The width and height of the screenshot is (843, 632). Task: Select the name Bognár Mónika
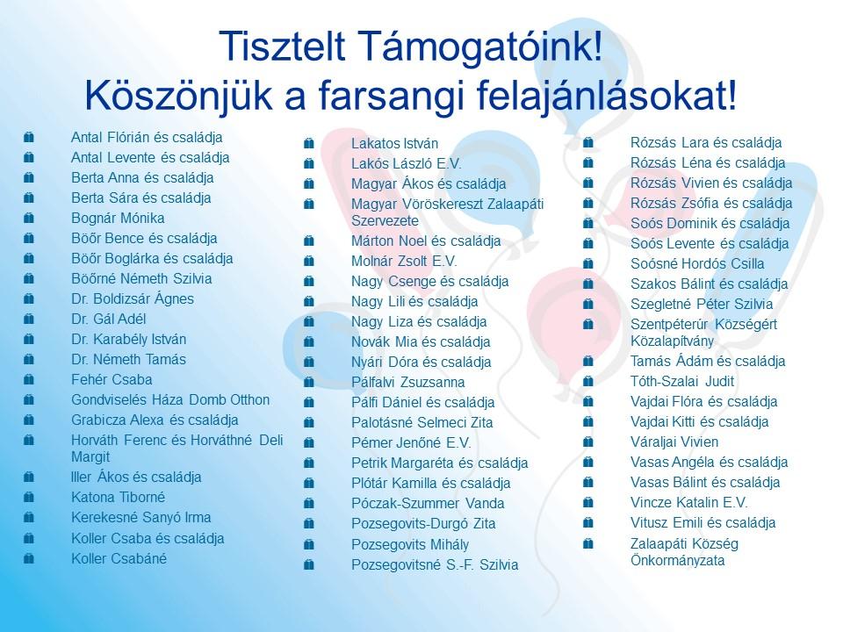[x=118, y=219]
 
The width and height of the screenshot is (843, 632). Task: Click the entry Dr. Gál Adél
[x=109, y=320]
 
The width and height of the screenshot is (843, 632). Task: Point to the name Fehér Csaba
[x=112, y=380]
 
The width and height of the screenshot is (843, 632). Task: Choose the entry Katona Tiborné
[x=119, y=498]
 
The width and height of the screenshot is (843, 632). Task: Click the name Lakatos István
[x=394, y=144]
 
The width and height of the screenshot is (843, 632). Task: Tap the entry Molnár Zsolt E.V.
[x=404, y=262]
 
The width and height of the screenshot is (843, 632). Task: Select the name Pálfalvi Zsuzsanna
[x=408, y=383]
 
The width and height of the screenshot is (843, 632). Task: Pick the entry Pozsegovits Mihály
[x=410, y=545]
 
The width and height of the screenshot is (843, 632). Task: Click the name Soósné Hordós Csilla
[x=697, y=264]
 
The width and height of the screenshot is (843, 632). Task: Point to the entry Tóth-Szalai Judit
[x=682, y=382]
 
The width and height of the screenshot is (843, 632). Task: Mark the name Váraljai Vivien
[x=674, y=442]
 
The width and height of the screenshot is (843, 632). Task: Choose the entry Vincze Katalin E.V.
[x=689, y=503]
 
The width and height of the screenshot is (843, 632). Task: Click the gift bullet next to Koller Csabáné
[x=29, y=559]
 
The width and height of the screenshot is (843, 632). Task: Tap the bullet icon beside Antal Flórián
[x=29, y=138]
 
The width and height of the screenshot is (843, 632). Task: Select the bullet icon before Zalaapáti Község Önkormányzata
[x=588, y=544]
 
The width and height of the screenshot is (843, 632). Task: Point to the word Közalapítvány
[x=672, y=341]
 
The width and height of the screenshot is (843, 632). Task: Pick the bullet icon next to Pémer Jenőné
[x=308, y=443]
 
